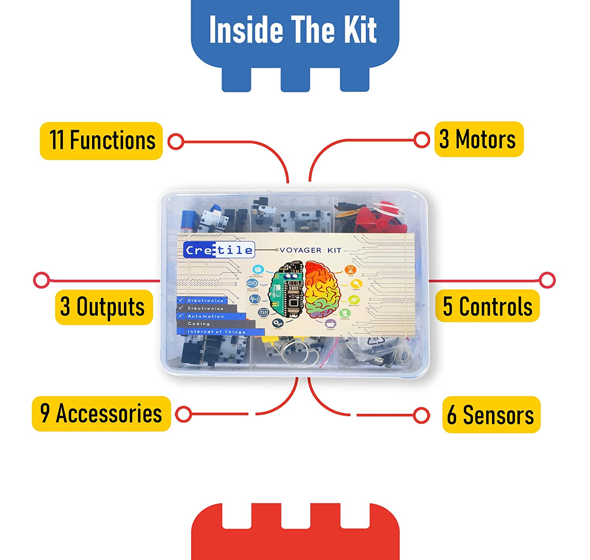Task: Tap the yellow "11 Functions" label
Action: point(101,141)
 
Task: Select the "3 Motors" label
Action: point(479,139)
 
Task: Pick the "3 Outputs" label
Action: point(103,307)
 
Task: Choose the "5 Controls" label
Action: point(487,306)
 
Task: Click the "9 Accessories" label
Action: point(101,414)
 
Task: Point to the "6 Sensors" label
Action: point(491,415)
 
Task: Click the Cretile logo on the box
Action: point(219,250)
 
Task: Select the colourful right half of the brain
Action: point(323,289)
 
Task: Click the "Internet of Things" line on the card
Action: point(216,332)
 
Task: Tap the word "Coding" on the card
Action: point(199,324)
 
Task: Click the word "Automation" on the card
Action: point(206,316)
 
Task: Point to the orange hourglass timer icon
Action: point(350,270)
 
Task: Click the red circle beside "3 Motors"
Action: point(422,140)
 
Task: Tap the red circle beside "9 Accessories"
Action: point(183,414)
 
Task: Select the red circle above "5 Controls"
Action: point(547,280)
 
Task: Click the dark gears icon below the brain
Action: point(278,323)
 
